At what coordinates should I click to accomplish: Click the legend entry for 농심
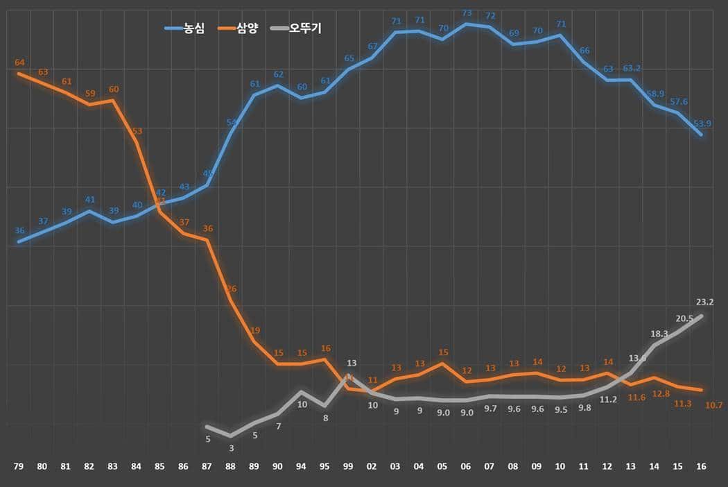tap(184, 28)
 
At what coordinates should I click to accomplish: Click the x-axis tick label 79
tap(19, 466)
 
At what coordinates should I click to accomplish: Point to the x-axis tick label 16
tap(702, 466)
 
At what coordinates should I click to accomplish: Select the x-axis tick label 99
tap(349, 466)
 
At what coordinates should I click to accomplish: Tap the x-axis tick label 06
tap(467, 466)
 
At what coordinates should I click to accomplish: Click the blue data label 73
tap(467, 13)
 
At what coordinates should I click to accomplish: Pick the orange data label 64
tap(19, 63)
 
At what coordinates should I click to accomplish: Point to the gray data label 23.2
tap(705, 302)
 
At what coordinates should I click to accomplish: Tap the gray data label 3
tap(231, 448)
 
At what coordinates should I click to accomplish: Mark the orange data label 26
tap(231, 289)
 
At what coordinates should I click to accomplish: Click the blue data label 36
tap(19, 231)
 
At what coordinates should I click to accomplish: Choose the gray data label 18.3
tap(659, 334)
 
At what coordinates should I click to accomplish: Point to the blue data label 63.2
tap(632, 69)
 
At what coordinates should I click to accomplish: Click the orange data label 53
tap(137, 130)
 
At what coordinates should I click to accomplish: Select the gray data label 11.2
tap(608, 400)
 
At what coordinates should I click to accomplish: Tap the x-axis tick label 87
tap(207, 466)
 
